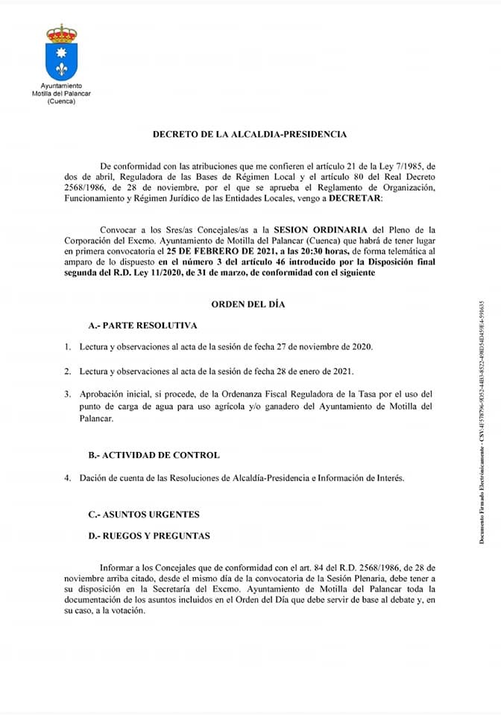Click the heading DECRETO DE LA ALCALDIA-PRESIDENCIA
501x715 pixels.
tap(250, 135)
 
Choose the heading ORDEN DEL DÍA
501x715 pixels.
tap(250, 304)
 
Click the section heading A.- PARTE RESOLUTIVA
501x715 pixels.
tap(142, 325)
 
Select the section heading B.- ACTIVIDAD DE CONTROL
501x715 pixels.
tap(154, 454)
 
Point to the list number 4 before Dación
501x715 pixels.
tap(67, 477)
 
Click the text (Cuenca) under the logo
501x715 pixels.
tap(61, 102)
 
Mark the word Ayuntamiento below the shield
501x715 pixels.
tap(62, 87)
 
